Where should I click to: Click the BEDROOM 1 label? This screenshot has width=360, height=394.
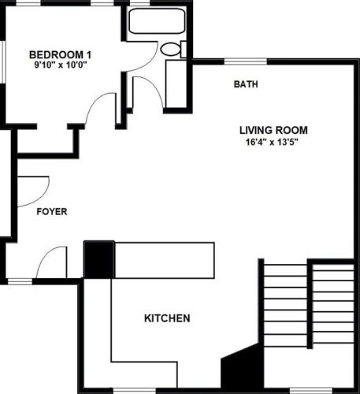click(61, 54)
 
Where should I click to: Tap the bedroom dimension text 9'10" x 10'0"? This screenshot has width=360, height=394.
click(61, 66)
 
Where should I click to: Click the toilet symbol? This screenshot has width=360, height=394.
click(172, 49)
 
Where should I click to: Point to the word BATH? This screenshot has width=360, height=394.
click(246, 84)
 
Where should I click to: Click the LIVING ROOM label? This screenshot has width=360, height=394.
click(273, 131)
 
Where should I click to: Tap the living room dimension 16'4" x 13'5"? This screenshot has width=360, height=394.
click(273, 143)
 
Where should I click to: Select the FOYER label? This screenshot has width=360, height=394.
click(52, 212)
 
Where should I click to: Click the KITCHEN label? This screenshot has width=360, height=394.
click(166, 319)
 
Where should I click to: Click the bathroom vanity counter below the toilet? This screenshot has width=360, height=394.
click(176, 84)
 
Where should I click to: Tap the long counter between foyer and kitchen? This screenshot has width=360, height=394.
click(165, 259)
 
